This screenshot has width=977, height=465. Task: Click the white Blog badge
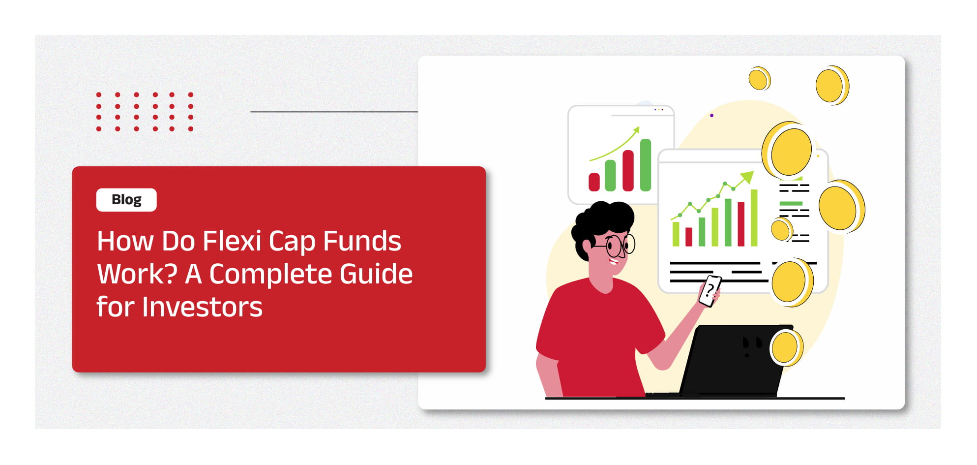pyautogui.click(x=126, y=200)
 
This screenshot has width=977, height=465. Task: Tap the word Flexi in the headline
pyautogui.click(x=232, y=241)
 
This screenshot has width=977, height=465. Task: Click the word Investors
pyautogui.click(x=202, y=307)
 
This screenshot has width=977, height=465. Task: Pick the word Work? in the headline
pyautogui.click(x=137, y=274)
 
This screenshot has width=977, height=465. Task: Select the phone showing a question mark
pyautogui.click(x=710, y=291)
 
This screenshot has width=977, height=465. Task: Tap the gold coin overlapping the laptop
pyautogui.click(x=786, y=348)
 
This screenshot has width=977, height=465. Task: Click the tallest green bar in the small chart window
pyautogui.click(x=646, y=165)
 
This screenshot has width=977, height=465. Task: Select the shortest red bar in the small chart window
pyautogui.click(x=594, y=182)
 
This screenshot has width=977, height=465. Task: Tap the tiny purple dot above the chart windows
pyautogui.click(x=711, y=116)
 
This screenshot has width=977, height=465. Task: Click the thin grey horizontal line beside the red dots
pyautogui.click(x=334, y=112)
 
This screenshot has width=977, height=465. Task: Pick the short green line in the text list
pyautogui.click(x=791, y=203)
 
